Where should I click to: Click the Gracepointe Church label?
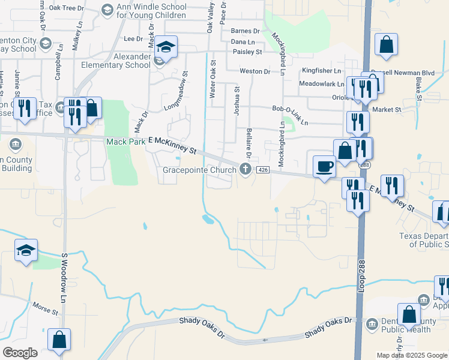(200, 170)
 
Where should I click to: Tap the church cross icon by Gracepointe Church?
(245, 170)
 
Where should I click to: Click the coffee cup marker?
(325, 166)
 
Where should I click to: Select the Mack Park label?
(125, 142)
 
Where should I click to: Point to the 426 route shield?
(262, 170)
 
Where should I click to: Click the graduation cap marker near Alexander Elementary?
(166, 47)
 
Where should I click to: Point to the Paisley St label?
(247, 52)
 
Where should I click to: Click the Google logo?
(20, 353)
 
